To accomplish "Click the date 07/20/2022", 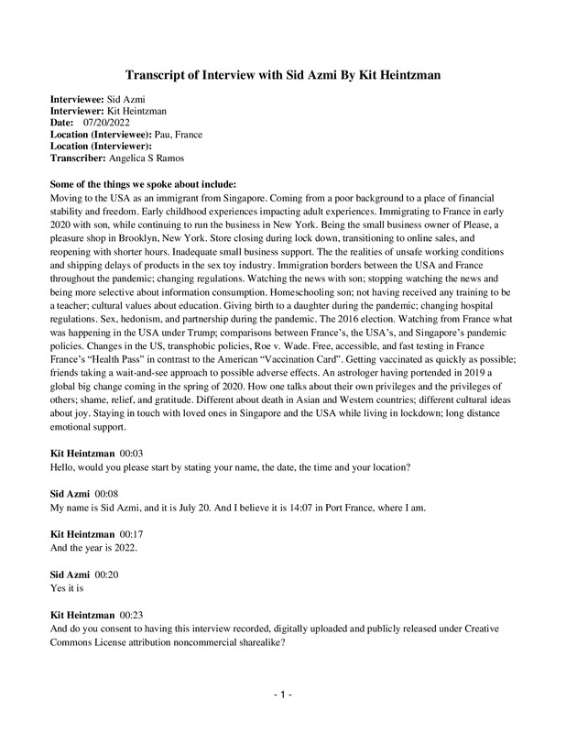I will [107, 122].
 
